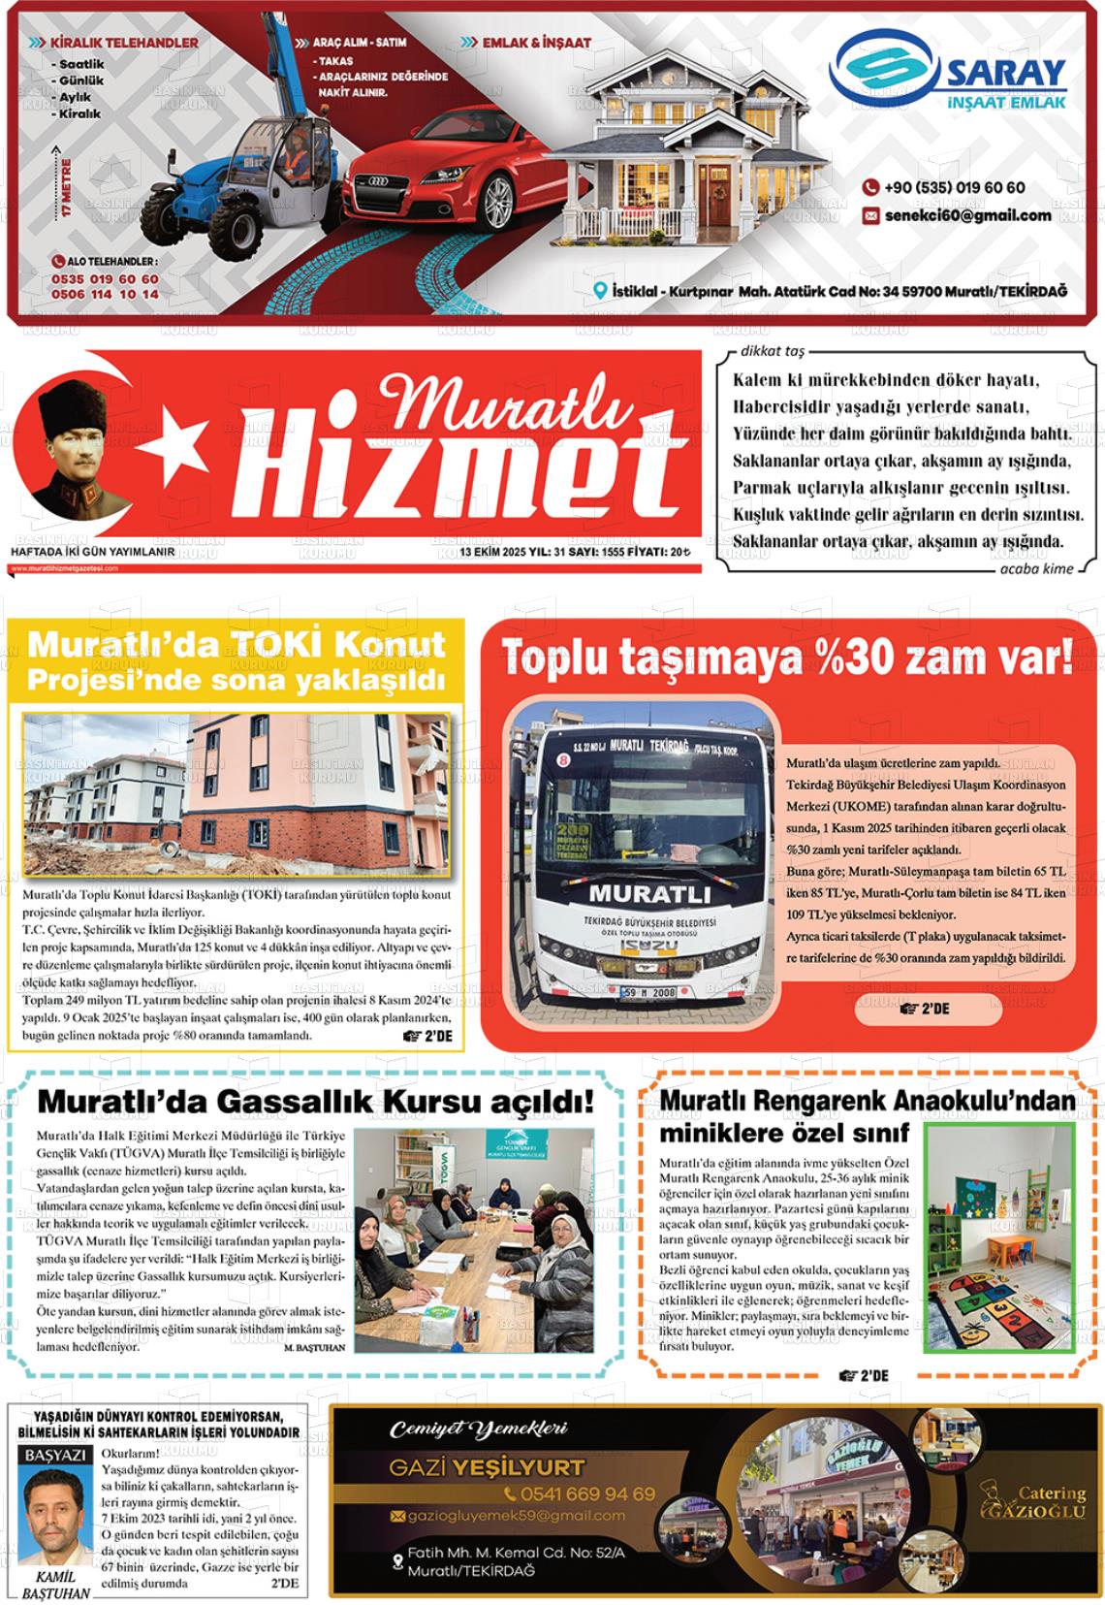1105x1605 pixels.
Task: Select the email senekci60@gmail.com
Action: click(x=967, y=215)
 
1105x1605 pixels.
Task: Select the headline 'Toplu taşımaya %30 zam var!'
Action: click(x=787, y=660)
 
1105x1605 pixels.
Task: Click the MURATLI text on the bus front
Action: click(x=648, y=892)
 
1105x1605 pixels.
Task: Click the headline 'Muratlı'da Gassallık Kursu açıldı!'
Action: click(x=315, y=1103)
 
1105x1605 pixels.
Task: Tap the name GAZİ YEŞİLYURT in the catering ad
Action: click(x=487, y=1467)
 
